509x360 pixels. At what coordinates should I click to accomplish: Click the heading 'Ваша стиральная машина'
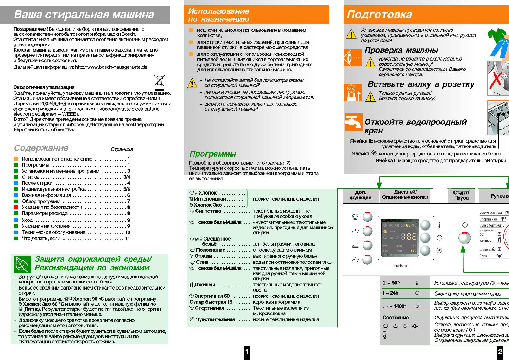click(84, 15)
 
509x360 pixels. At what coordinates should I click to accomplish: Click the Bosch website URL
click(111, 67)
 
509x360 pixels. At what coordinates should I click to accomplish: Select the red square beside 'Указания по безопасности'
click(16, 207)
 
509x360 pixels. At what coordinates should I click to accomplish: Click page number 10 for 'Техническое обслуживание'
click(127, 232)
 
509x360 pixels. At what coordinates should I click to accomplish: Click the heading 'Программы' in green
click(213, 154)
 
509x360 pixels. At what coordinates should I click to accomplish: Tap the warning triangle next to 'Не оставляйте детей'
click(192, 83)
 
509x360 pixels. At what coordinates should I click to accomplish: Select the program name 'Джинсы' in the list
click(204, 285)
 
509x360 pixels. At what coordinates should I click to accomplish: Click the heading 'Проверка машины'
click(401, 50)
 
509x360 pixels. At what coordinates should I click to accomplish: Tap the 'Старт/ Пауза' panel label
click(461, 195)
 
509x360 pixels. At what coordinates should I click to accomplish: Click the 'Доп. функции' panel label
click(360, 195)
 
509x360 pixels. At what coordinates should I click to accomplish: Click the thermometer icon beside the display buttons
click(439, 225)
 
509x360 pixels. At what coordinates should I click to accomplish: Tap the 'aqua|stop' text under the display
click(400, 266)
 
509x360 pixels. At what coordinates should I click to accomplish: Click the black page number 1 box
click(247, 352)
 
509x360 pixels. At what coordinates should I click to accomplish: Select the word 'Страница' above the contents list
click(122, 149)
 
